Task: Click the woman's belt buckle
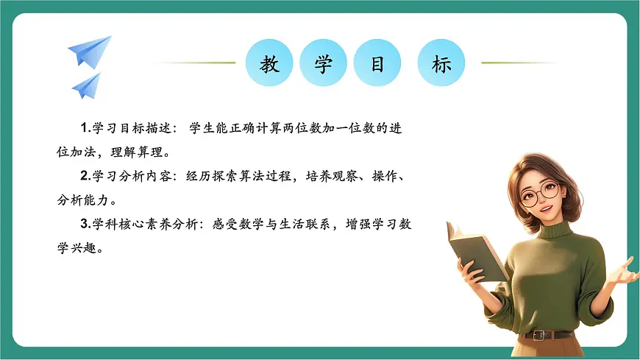[x=541, y=336]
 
